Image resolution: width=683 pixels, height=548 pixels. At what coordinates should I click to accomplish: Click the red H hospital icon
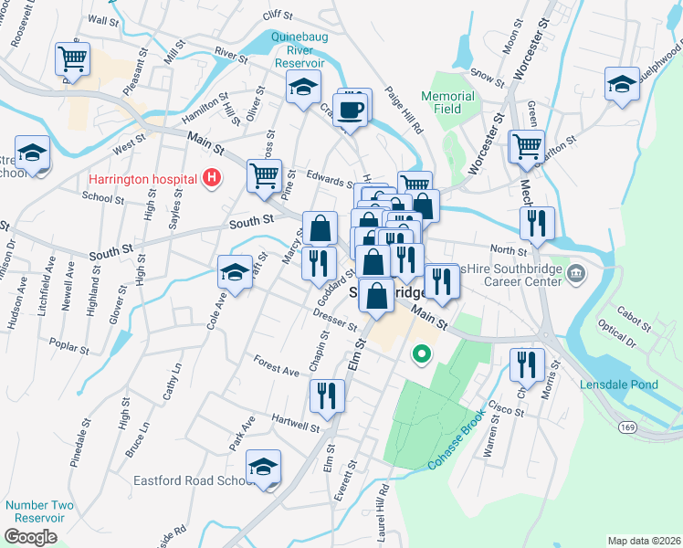point(213,177)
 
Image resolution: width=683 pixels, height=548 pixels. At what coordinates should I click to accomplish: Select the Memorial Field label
point(447,102)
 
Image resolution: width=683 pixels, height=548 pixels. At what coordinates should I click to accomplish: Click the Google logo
point(30,537)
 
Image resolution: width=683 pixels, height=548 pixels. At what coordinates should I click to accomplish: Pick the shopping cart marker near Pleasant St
point(72,59)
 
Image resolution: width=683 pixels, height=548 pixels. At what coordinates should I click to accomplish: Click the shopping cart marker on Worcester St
point(527,146)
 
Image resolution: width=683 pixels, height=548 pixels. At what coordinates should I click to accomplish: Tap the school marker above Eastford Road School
point(263,468)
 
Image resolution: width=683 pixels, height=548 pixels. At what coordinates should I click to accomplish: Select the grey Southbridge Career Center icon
point(577,273)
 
